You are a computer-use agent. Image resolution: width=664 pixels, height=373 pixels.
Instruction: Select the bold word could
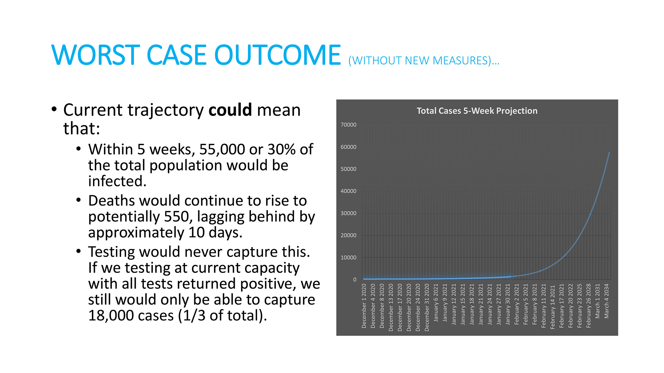click(x=230, y=110)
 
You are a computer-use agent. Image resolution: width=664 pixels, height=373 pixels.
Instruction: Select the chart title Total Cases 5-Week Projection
click(x=477, y=111)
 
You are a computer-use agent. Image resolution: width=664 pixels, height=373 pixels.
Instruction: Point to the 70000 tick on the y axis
click(x=348, y=125)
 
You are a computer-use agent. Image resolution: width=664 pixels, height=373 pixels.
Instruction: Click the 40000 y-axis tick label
click(x=348, y=191)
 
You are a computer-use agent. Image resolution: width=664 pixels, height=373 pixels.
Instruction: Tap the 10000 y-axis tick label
click(x=348, y=257)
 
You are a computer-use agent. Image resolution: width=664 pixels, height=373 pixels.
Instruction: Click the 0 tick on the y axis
click(x=355, y=280)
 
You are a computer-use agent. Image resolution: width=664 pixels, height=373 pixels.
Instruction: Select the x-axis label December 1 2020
click(x=364, y=306)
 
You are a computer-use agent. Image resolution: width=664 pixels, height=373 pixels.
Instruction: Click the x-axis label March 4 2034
click(x=607, y=301)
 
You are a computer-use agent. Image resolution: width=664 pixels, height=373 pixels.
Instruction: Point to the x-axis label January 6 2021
click(x=436, y=302)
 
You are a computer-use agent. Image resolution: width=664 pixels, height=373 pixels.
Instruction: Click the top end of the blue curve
click(x=609, y=153)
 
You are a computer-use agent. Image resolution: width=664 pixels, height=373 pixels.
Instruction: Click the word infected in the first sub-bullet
click(x=117, y=181)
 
